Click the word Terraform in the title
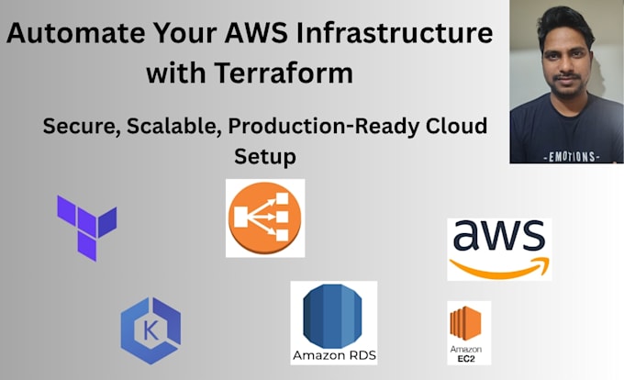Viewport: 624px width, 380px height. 284,73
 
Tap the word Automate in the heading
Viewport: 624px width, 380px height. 75,33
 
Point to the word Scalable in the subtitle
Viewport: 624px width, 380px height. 174,126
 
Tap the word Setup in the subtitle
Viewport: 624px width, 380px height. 265,157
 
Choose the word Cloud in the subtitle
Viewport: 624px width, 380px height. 456,126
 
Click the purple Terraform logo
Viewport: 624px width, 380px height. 87,228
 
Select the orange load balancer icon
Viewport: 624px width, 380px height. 265,218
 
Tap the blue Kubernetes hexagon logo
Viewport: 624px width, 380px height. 150,330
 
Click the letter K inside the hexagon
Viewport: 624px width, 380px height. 150,330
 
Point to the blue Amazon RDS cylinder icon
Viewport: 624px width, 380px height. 332,316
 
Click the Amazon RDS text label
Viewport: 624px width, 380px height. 334,355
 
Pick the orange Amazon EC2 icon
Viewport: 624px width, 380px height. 465,323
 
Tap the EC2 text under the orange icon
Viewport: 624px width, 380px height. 466,359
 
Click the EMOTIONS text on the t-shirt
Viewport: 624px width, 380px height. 572,157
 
